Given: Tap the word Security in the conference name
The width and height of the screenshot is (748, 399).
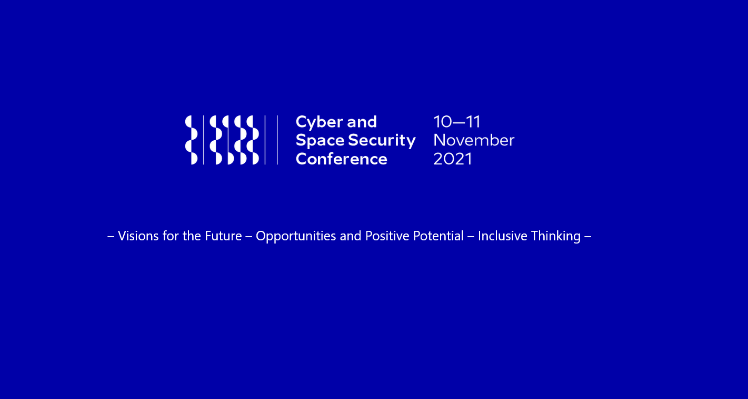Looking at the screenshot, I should [382, 141].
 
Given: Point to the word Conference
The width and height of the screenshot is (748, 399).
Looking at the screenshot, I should [341, 159].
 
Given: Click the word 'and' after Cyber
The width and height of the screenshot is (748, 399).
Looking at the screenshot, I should [362, 122].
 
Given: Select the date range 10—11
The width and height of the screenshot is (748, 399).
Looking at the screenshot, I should [456, 122].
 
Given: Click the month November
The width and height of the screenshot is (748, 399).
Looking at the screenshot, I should [473, 140].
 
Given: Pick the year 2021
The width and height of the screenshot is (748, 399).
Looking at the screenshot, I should [452, 159].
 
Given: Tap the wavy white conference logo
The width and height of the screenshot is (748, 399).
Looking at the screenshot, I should [222, 140].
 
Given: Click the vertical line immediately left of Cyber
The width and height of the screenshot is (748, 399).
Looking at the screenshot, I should [277, 140].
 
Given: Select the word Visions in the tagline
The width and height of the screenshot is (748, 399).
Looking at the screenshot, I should [138, 236].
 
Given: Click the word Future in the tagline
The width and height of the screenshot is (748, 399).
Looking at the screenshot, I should [223, 236].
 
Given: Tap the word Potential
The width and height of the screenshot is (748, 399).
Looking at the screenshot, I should [438, 236].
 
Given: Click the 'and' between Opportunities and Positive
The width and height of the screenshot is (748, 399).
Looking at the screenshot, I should [351, 236].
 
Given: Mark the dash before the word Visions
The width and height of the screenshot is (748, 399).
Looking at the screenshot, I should [111, 236].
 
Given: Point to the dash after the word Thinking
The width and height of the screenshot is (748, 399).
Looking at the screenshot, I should [588, 236].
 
